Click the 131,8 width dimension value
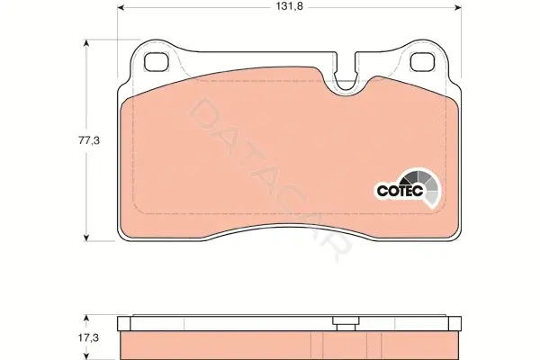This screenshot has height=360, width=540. tap(289, 6)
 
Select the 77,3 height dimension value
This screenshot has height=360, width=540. tap(89, 140)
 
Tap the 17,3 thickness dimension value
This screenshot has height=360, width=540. tap(88, 338)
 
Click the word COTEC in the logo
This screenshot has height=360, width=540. tap(400, 191)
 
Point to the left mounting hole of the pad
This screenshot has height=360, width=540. tap(156, 62)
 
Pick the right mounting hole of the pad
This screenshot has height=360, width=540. tap(423, 62)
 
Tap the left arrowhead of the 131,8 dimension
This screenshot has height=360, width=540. tap(121, 7)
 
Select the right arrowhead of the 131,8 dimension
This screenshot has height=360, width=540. tap(458, 7)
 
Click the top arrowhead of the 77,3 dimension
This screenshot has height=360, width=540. tap(86, 43)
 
